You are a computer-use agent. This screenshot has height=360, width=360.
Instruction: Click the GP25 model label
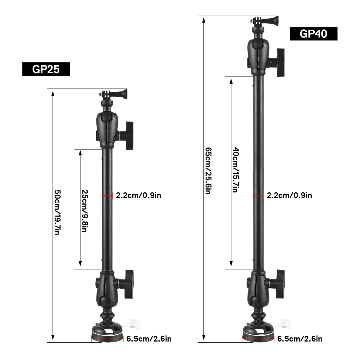pos(46,69)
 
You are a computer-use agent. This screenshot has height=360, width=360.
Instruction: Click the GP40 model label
pos(313,34)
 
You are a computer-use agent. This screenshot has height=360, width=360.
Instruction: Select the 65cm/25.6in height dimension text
pos(207,170)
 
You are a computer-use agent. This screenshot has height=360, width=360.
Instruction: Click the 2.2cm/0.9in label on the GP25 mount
pos(139,196)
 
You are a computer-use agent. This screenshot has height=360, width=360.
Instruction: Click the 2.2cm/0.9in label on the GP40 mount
pos(289,196)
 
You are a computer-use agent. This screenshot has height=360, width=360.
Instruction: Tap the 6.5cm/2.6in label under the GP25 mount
pos(149,339)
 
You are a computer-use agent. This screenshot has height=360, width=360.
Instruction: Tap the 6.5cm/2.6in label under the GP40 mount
pos(300,339)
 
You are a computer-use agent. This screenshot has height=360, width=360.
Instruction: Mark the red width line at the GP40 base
pos(258,340)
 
